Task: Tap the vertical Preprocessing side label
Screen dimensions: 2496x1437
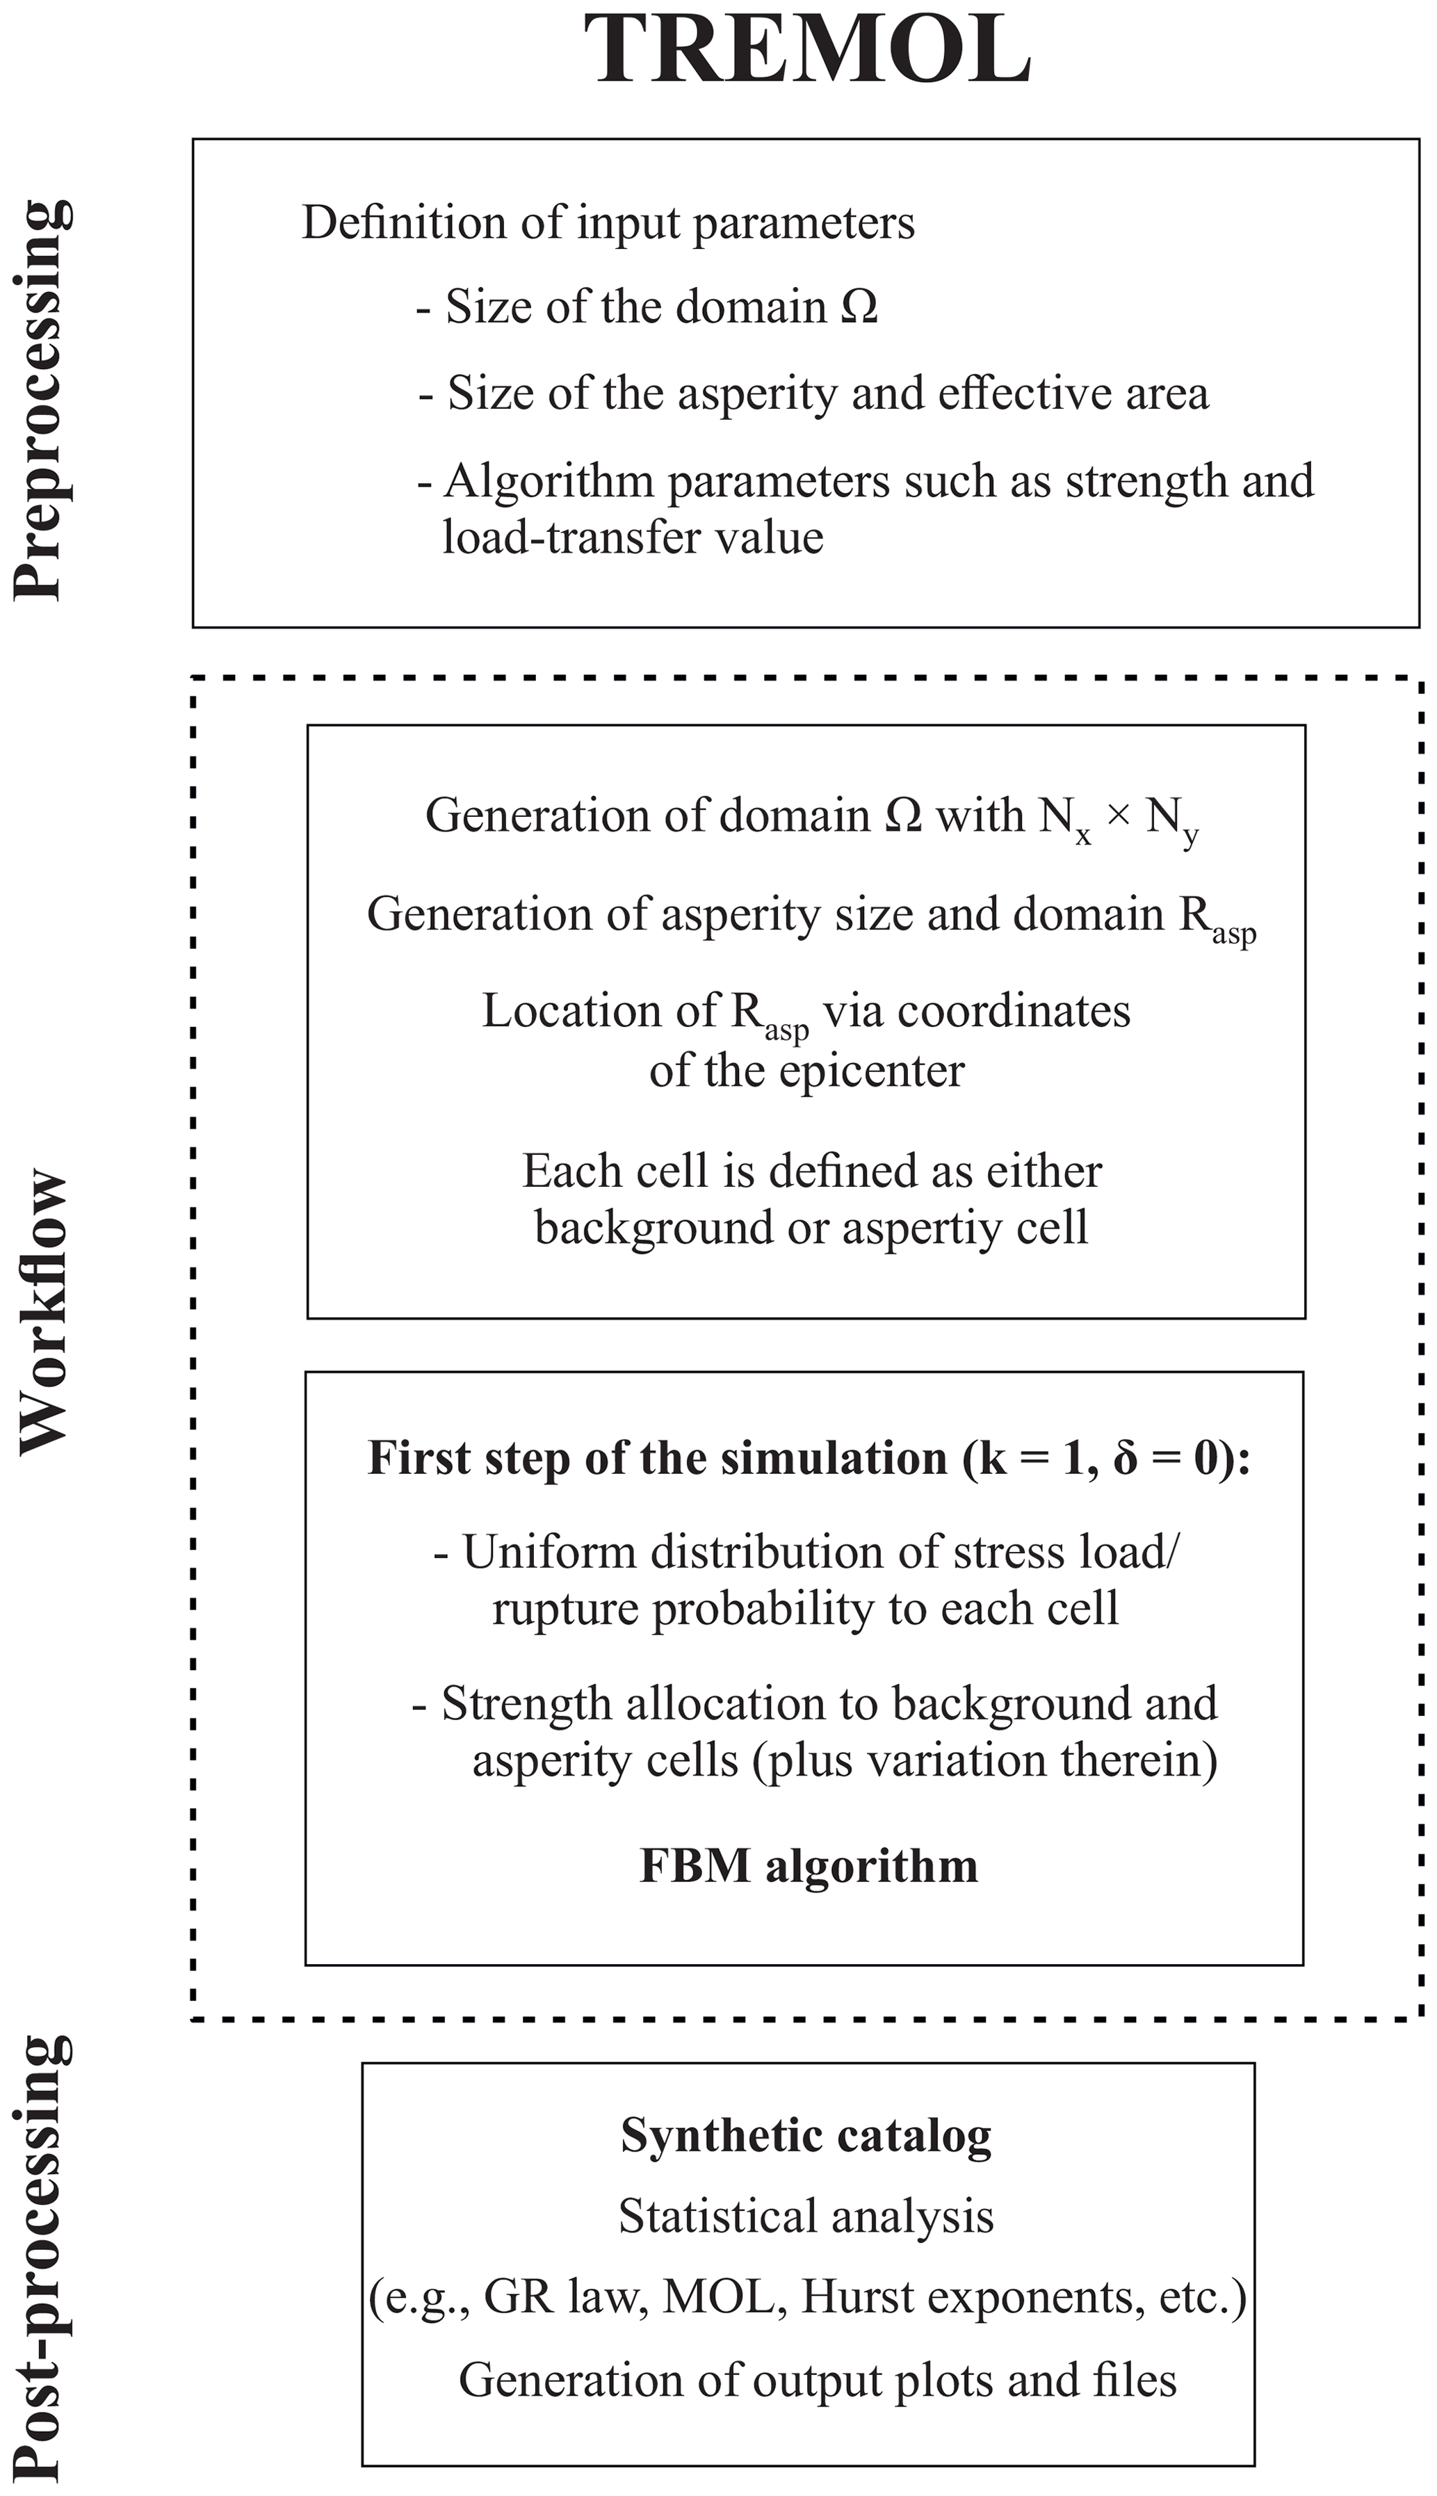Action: [x=42, y=400]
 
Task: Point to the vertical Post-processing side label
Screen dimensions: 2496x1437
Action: [x=42, y=2260]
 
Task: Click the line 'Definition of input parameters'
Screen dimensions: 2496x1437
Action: [x=608, y=223]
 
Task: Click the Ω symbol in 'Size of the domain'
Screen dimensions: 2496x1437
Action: [x=859, y=307]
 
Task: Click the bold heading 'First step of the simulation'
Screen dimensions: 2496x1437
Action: [x=657, y=1459]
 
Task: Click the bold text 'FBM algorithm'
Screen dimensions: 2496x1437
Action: [x=809, y=1866]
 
